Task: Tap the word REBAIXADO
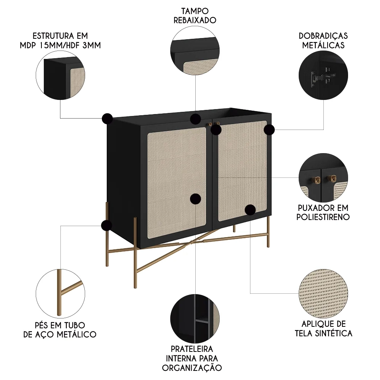click(x=195, y=20)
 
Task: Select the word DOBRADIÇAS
click(x=323, y=36)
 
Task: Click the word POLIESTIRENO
click(x=323, y=217)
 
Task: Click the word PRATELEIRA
click(x=192, y=348)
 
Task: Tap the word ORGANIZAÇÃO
click(x=192, y=367)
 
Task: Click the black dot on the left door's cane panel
click(x=195, y=198)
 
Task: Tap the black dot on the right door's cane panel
click(x=250, y=209)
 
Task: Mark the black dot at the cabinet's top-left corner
click(x=107, y=119)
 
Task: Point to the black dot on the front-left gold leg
click(x=106, y=226)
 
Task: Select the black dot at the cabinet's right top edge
click(x=269, y=130)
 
